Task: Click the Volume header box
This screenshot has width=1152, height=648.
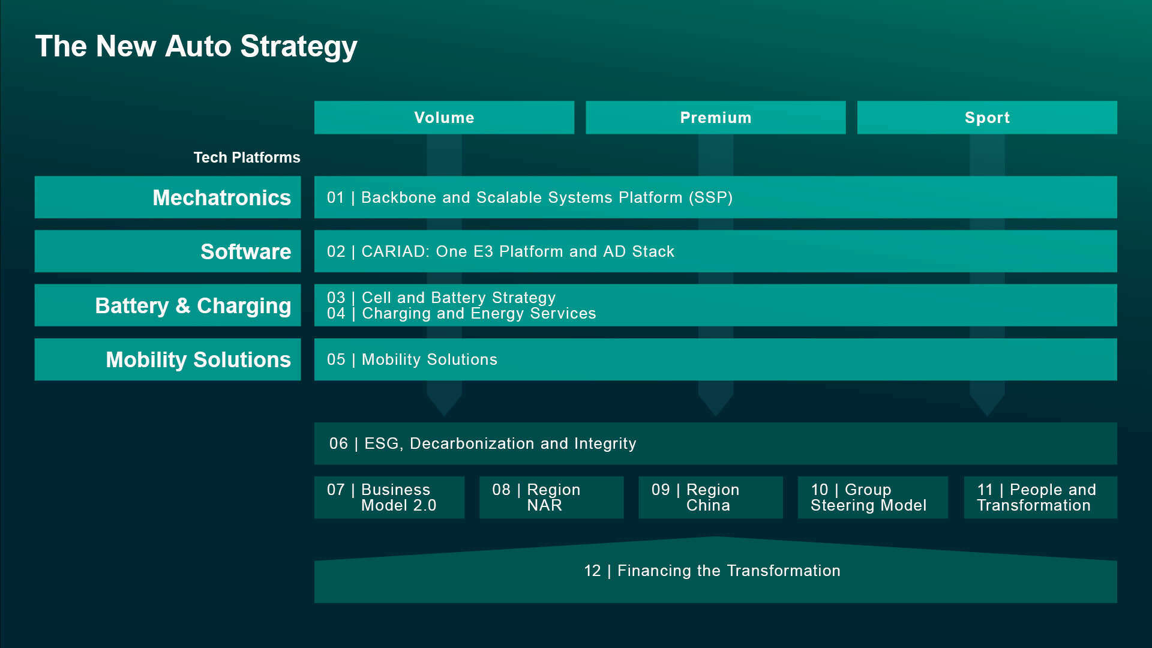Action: click(x=444, y=118)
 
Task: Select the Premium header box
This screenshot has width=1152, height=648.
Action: click(x=715, y=118)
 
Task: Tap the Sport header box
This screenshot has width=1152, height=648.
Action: click(x=987, y=118)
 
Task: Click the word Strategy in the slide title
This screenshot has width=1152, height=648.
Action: click(x=298, y=47)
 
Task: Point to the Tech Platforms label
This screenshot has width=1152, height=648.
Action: click(x=247, y=157)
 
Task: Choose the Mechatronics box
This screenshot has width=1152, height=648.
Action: click(x=167, y=197)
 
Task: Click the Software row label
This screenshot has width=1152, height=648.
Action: click(x=245, y=251)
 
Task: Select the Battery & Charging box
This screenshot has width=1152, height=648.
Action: click(x=167, y=305)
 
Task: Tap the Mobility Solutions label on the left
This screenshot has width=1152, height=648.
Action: click(x=198, y=359)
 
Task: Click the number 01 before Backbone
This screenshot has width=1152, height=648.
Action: click(x=335, y=197)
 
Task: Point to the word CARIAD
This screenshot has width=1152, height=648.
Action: click(x=395, y=251)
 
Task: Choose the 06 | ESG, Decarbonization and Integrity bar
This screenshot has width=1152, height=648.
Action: click(x=715, y=443)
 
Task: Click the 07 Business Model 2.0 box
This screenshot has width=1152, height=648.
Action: click(x=389, y=497)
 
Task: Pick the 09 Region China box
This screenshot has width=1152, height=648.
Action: click(x=710, y=497)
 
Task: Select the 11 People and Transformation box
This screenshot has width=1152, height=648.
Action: click(x=1040, y=497)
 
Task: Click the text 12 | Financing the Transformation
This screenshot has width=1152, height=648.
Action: click(x=712, y=571)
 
